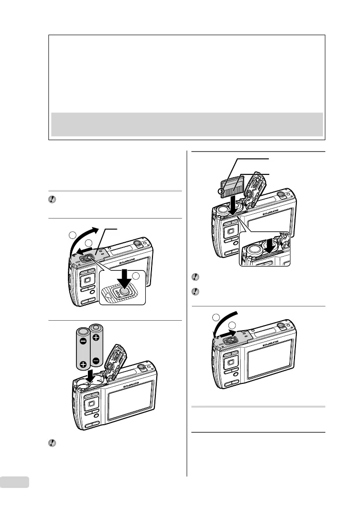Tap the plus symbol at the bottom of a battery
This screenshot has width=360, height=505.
[x=84, y=365]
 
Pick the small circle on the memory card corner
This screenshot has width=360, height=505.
[x=221, y=191]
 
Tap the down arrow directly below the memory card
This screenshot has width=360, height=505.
[x=232, y=205]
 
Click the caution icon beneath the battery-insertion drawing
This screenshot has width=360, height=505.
[x=52, y=443]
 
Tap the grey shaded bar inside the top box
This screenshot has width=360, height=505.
[x=187, y=124]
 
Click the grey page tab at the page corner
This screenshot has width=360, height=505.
[x=15, y=482]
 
